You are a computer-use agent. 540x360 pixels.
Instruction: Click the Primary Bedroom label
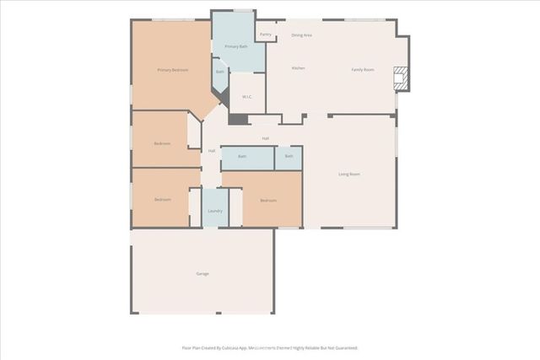tap(172, 69)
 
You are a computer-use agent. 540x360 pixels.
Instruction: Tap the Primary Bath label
tap(235, 46)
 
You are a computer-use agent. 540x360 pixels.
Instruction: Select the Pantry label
tap(265, 35)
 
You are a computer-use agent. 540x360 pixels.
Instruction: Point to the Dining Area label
tap(302, 35)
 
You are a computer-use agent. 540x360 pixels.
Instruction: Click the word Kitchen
tap(298, 68)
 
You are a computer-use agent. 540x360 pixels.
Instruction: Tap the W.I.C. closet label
tap(247, 97)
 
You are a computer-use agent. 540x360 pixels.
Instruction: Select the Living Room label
tap(349, 175)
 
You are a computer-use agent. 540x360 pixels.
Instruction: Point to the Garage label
tap(202, 274)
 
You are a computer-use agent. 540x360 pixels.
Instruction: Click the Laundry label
tap(215, 211)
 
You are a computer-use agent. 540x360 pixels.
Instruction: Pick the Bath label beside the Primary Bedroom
tap(220, 72)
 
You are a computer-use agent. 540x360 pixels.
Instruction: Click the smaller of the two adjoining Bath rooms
tap(289, 157)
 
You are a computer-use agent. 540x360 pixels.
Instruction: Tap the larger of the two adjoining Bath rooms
tap(242, 157)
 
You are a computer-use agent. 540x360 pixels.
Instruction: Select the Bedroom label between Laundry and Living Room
tap(268, 200)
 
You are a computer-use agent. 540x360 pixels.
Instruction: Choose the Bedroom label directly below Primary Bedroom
tap(162, 143)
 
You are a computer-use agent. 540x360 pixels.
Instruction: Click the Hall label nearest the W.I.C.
tap(265, 138)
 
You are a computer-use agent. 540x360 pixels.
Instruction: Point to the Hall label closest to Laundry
tap(212, 151)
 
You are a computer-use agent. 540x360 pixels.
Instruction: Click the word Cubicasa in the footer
tap(235, 347)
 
